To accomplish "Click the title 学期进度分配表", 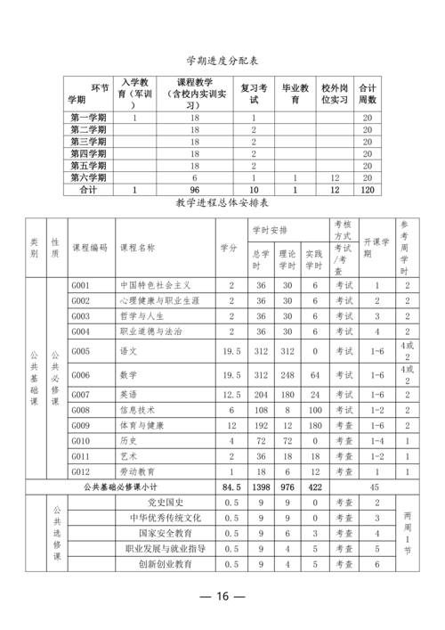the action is click(x=222, y=61).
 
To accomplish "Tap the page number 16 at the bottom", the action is click(x=222, y=596).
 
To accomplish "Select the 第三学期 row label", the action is click(x=88, y=141).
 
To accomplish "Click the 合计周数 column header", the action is click(x=367, y=94).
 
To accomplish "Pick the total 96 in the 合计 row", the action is click(x=195, y=189).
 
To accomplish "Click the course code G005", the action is click(x=81, y=351).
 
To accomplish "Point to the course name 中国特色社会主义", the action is click(x=155, y=286).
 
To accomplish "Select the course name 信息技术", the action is click(x=138, y=410).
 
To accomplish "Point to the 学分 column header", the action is click(x=228, y=247).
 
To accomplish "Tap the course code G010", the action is click(x=81, y=440).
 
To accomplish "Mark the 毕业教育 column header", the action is click(x=295, y=94).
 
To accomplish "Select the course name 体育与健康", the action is click(x=142, y=425).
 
